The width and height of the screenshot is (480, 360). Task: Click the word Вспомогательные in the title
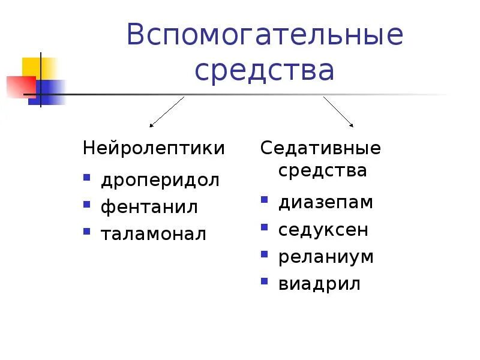[265, 35]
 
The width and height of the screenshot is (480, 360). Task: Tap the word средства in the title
[264, 71]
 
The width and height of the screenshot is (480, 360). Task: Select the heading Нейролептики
[154, 148]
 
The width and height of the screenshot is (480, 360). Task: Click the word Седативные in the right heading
[320, 148]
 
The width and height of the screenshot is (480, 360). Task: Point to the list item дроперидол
[160, 180]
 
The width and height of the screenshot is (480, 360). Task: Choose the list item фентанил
[149, 207]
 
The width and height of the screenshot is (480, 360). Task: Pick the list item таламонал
[154, 234]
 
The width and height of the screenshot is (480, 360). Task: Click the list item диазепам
[326, 202]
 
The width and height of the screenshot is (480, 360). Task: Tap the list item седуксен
[323, 230]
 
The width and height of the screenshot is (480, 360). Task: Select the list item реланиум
[326, 257]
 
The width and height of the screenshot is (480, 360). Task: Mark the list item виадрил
[320, 284]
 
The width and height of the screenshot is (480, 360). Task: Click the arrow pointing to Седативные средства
[338, 112]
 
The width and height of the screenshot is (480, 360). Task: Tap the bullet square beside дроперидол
[87, 178]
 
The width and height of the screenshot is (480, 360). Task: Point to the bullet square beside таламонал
[87, 232]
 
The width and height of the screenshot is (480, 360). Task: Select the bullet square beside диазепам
[265, 200]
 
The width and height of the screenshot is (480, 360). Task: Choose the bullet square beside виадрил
[265, 281]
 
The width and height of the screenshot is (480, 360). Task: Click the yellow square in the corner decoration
[33, 67]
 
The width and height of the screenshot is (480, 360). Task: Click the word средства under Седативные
[322, 170]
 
